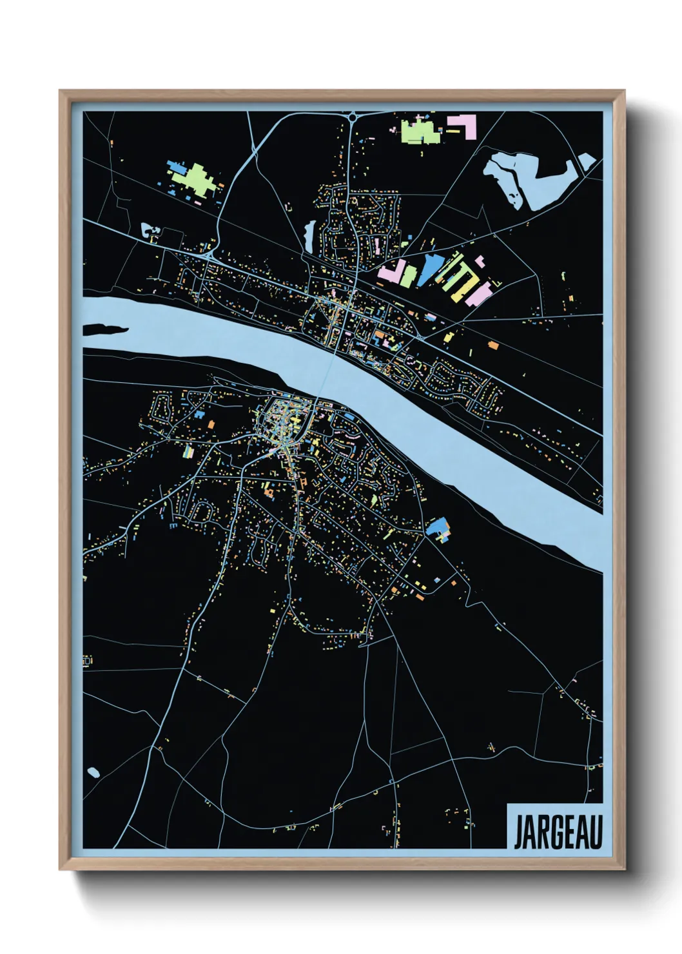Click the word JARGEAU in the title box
(x=558, y=832)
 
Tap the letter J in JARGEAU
(x=518, y=832)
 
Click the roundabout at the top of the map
(x=353, y=117)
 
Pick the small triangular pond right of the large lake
(x=586, y=161)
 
